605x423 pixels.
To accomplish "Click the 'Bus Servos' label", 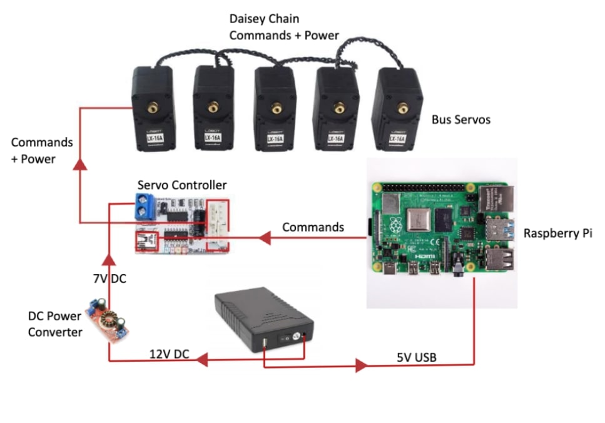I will pyautogui.click(x=461, y=119).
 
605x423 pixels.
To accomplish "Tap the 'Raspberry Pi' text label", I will pyautogui.click(x=557, y=233).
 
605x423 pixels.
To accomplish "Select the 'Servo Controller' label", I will pyautogui.click(x=182, y=185).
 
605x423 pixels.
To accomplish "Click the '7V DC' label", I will pyautogui.click(x=109, y=278).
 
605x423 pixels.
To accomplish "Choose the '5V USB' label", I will pyautogui.click(x=416, y=357).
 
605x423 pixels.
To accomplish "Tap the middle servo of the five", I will pyautogui.click(x=275, y=108).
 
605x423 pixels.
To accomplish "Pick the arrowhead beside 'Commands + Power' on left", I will pyautogui.click(x=79, y=164).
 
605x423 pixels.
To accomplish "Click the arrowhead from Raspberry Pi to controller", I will pyautogui.click(x=265, y=238).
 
